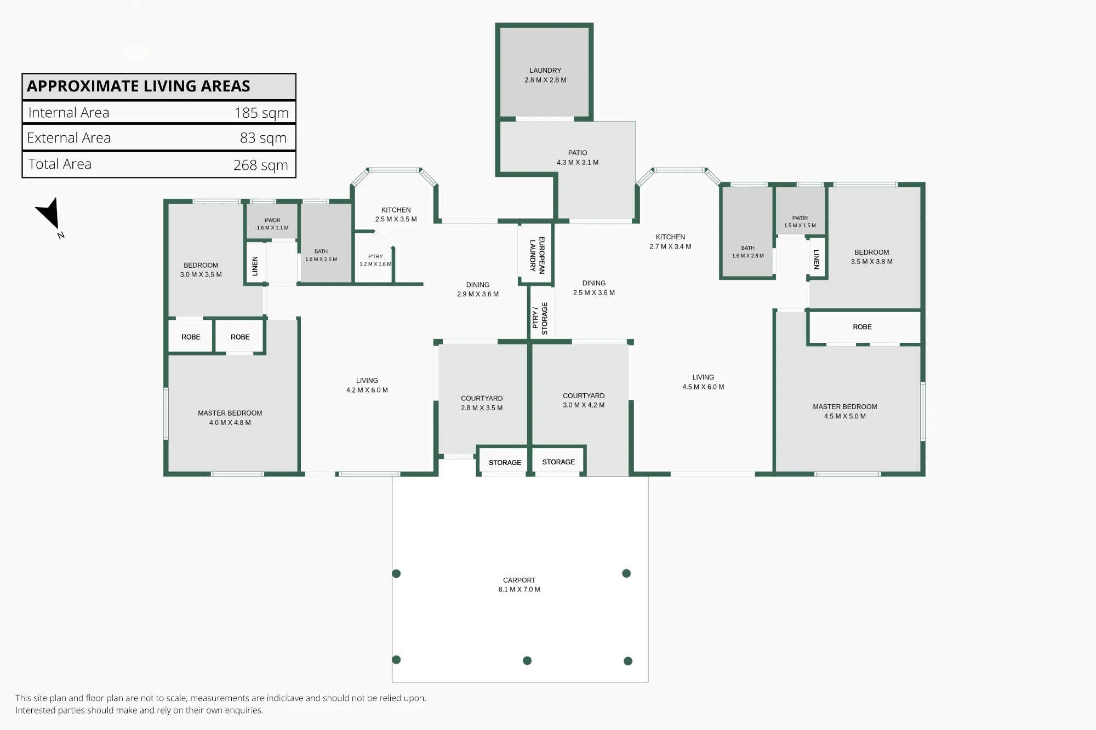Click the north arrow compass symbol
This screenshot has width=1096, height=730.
point(50,215)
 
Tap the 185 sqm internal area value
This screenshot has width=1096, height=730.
point(261,113)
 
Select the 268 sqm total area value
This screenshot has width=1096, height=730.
point(261,165)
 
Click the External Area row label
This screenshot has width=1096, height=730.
point(68,138)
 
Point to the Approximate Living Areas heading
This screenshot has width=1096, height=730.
point(139,86)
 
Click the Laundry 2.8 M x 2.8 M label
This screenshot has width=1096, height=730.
point(545,75)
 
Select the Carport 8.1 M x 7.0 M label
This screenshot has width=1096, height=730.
point(520,585)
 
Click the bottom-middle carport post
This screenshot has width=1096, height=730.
point(527,660)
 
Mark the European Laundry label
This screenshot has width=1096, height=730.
point(537,255)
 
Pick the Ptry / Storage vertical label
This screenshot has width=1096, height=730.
point(540,318)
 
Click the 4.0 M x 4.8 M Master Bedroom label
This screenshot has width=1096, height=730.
point(230,418)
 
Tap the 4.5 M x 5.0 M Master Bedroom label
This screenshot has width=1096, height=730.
point(845,411)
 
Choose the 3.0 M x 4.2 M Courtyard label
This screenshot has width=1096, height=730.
point(584,400)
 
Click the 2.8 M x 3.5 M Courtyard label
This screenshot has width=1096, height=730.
point(482,403)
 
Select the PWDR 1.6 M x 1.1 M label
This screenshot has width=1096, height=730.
point(272,224)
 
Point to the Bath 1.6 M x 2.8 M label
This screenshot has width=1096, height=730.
point(748,252)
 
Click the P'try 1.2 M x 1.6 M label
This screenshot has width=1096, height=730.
point(375,260)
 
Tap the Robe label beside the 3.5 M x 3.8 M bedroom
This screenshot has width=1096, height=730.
point(862,327)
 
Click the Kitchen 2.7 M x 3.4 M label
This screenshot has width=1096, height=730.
point(670,242)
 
